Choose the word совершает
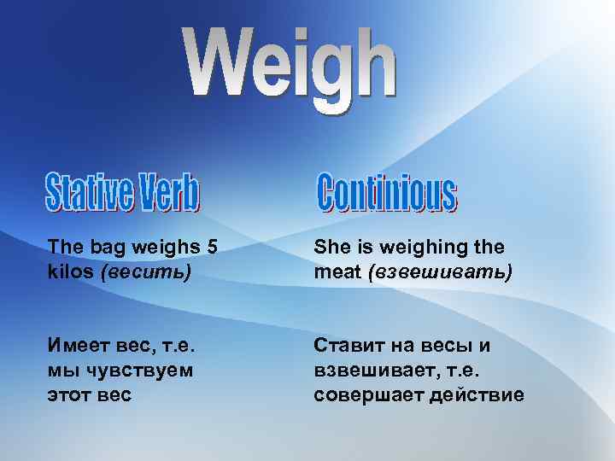(x=362, y=395)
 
